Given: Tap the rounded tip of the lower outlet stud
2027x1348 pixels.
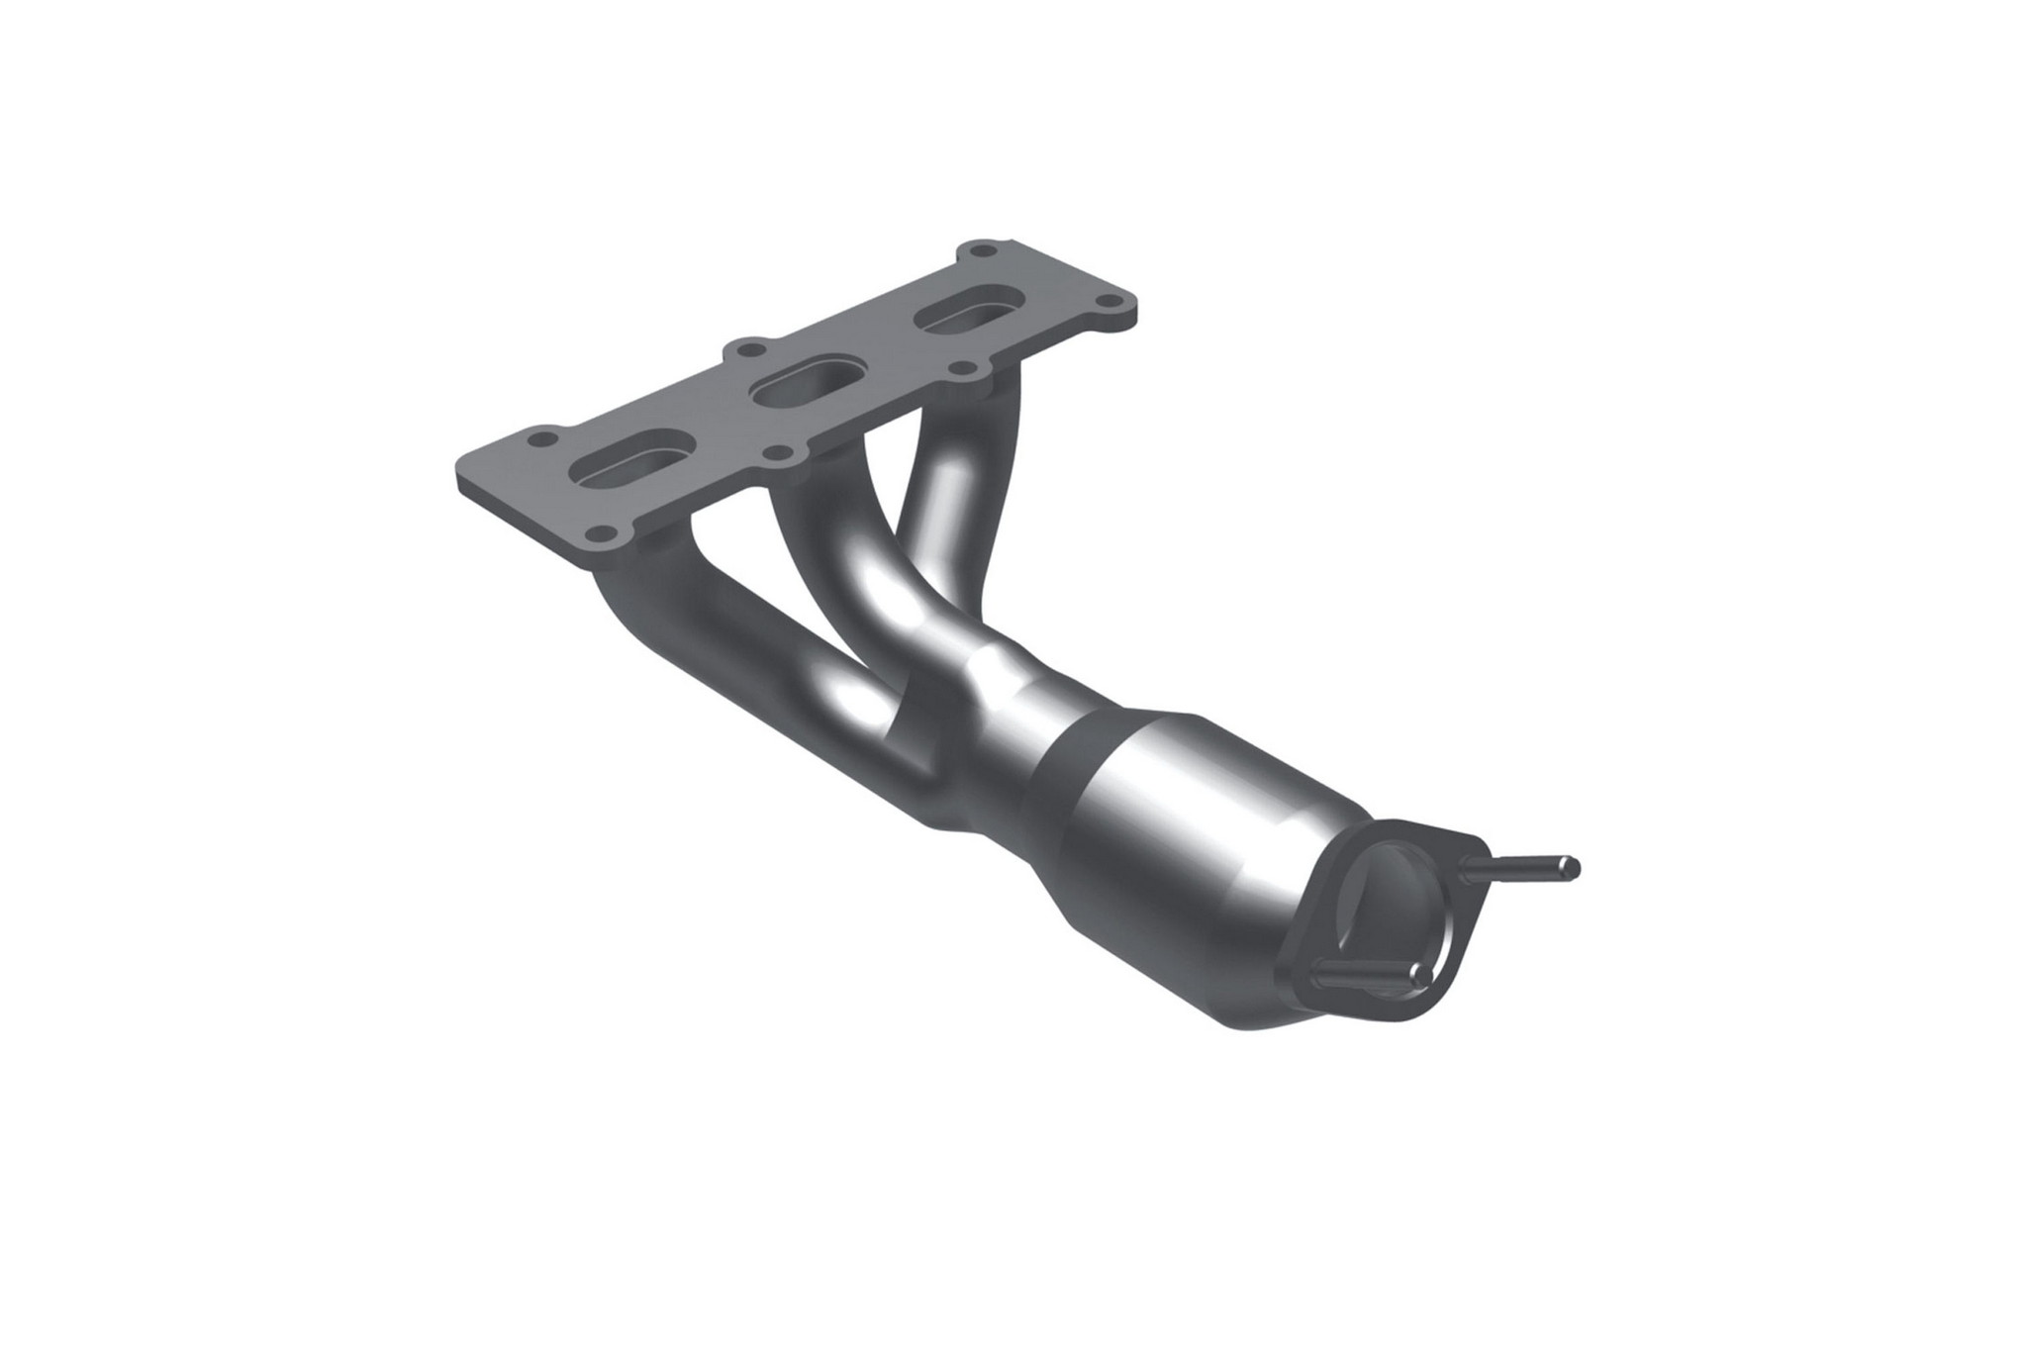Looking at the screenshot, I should [1422, 976].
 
